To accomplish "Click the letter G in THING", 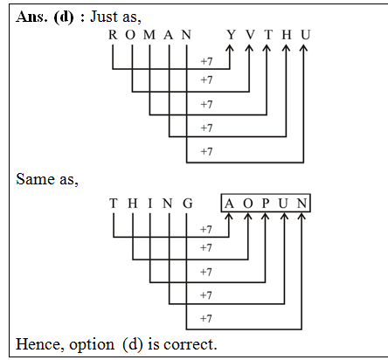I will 187,204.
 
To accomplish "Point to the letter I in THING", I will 150,204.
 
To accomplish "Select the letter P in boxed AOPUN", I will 266,204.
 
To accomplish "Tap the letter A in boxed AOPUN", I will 229,204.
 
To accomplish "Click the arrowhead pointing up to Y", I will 231,50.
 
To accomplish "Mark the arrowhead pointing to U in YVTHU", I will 303,50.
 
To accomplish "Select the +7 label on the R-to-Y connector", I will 206,62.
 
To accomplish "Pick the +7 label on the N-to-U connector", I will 206,151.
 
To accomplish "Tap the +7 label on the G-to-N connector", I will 206,318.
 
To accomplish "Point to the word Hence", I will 38,344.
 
